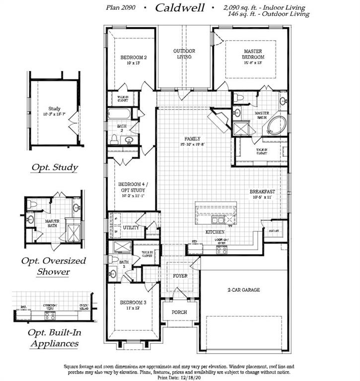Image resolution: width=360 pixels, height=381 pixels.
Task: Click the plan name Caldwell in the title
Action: pyautogui.click(x=180, y=7)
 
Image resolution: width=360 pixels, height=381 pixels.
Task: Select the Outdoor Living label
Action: pyautogui.click(x=184, y=54)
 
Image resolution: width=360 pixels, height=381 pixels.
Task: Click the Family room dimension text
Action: pyautogui.click(x=193, y=144)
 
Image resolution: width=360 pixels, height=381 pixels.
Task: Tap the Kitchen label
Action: pyautogui.click(x=215, y=232)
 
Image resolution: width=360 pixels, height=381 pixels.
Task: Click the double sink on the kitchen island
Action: pyautogui.click(x=217, y=220)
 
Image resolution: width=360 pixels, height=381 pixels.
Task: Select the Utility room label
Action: pyautogui.click(x=131, y=227)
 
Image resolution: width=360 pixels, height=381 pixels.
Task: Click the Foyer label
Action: pyautogui.click(x=180, y=275)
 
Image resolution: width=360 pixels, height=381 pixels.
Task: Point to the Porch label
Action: pyautogui.click(x=179, y=312)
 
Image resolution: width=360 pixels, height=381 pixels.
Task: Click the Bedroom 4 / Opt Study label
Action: pyautogui.click(x=132, y=189)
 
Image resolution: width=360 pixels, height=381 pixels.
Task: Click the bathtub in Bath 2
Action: pyautogui.click(x=119, y=114)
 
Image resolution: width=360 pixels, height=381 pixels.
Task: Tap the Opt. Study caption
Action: pyautogui.click(x=55, y=167)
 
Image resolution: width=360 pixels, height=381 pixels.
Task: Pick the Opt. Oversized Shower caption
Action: pyautogui.click(x=53, y=266)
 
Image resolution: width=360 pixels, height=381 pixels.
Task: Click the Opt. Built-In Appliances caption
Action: pyautogui.click(x=54, y=337)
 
